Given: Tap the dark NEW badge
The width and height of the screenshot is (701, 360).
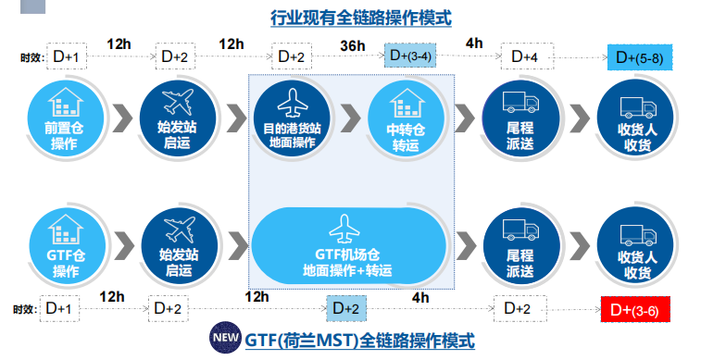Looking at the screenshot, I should pyautogui.click(x=225, y=340).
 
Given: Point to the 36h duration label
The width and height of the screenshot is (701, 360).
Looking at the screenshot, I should pyautogui.click(x=352, y=43).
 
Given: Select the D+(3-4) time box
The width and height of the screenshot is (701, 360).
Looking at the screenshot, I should pyautogui.click(x=411, y=56).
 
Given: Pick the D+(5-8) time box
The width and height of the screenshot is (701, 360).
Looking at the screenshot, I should pyautogui.click(x=641, y=57).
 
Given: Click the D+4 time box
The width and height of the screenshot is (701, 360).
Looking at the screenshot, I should pyautogui.click(x=525, y=57).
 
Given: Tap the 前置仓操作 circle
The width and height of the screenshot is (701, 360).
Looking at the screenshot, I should pyautogui.click(x=64, y=119).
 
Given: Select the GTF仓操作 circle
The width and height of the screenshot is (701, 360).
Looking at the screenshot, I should pyautogui.click(x=64, y=245).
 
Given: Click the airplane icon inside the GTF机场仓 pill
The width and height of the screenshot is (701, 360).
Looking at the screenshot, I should pyautogui.click(x=348, y=226).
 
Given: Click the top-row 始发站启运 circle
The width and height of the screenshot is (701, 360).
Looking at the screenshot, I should pyautogui.click(x=176, y=119).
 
